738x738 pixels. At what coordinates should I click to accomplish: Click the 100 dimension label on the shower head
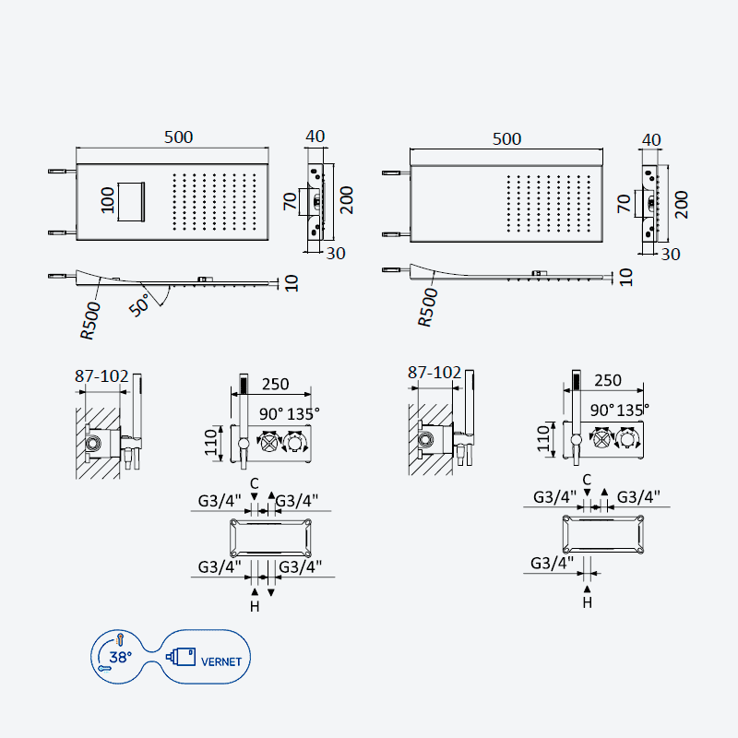click(x=108, y=200)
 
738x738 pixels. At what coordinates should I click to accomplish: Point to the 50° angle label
click(x=140, y=304)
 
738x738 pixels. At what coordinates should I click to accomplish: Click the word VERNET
click(x=221, y=661)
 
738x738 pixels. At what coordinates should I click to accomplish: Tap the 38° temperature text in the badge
click(x=121, y=657)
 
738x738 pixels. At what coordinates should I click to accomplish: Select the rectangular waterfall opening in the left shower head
click(x=131, y=202)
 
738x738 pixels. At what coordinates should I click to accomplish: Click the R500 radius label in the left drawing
click(x=90, y=320)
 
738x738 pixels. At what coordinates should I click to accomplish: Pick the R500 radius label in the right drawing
click(x=428, y=307)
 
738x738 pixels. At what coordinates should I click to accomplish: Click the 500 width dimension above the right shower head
click(x=506, y=139)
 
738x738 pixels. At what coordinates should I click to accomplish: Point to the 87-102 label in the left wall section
click(x=101, y=376)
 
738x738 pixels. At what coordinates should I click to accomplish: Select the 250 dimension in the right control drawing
click(x=608, y=380)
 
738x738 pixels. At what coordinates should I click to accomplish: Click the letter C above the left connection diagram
click(x=255, y=483)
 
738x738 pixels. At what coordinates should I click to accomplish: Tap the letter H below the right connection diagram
click(x=587, y=602)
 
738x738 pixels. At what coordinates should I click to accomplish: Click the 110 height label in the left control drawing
click(x=211, y=442)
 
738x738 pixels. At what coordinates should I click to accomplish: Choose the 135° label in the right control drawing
click(x=633, y=410)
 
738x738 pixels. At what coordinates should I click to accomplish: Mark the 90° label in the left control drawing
click(x=271, y=413)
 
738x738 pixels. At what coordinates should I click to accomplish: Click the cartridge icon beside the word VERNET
click(x=181, y=657)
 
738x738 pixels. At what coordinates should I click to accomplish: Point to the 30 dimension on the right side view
click(x=671, y=255)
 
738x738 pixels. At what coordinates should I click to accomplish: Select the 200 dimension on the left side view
click(x=347, y=200)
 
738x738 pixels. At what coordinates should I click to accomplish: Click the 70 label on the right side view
click(x=625, y=203)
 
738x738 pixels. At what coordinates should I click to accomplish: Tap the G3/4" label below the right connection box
click(x=552, y=563)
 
